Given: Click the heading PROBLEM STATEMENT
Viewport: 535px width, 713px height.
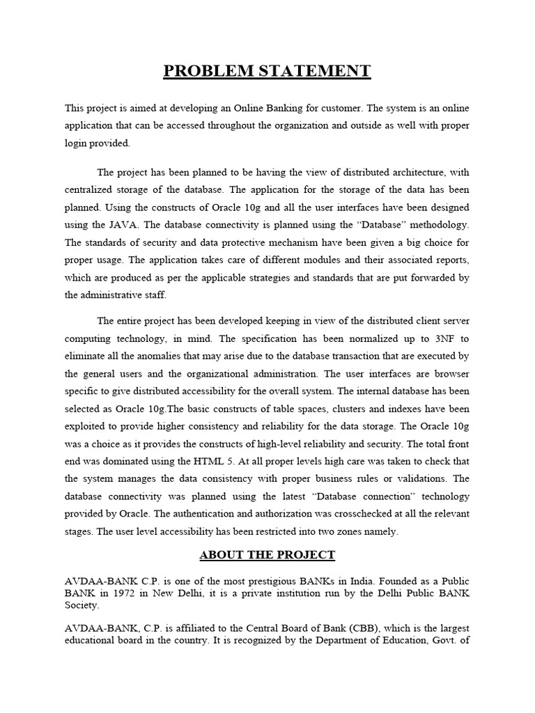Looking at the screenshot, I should [267, 71].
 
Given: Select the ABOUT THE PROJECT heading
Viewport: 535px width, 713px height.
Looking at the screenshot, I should [267, 555].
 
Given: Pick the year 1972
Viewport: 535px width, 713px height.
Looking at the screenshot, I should [151, 593].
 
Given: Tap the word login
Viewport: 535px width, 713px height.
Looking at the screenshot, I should [78, 143].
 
